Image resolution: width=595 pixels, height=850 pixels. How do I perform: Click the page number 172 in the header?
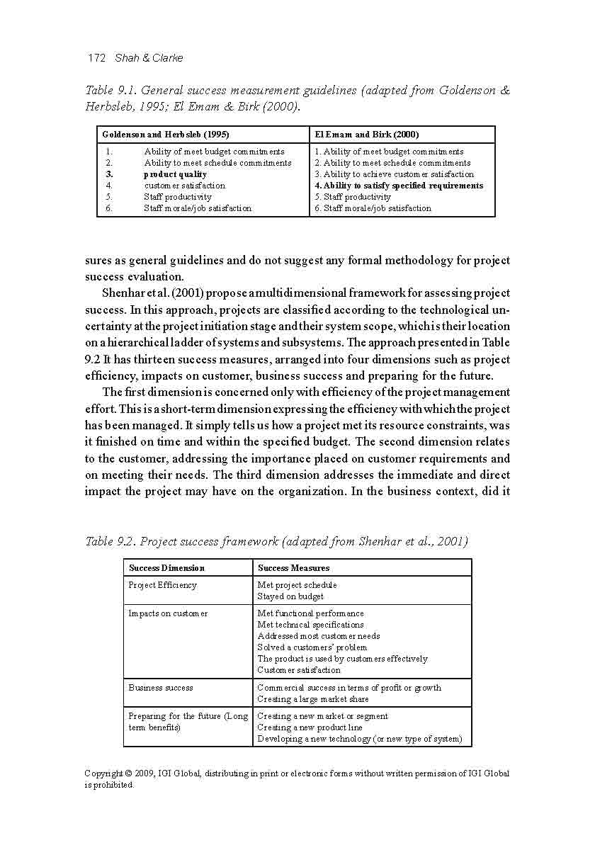click(96, 57)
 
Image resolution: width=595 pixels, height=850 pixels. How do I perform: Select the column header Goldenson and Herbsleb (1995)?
click(165, 135)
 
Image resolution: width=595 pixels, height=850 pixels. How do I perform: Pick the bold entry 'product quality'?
click(175, 174)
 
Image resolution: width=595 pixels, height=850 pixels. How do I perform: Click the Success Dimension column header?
click(166, 568)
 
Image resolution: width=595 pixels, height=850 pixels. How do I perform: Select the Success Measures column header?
click(293, 568)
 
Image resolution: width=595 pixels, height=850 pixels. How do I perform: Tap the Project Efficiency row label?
click(162, 585)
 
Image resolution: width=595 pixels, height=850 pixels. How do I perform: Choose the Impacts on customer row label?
click(168, 613)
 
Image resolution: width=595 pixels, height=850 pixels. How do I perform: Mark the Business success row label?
click(161, 688)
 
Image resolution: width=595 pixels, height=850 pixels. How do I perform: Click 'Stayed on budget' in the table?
click(290, 596)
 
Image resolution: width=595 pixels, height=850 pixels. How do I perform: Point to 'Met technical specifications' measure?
click(310, 625)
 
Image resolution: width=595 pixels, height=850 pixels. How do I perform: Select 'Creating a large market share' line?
click(312, 699)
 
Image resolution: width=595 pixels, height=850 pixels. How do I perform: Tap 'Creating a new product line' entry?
click(310, 727)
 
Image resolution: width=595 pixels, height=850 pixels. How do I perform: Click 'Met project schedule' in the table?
click(297, 585)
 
